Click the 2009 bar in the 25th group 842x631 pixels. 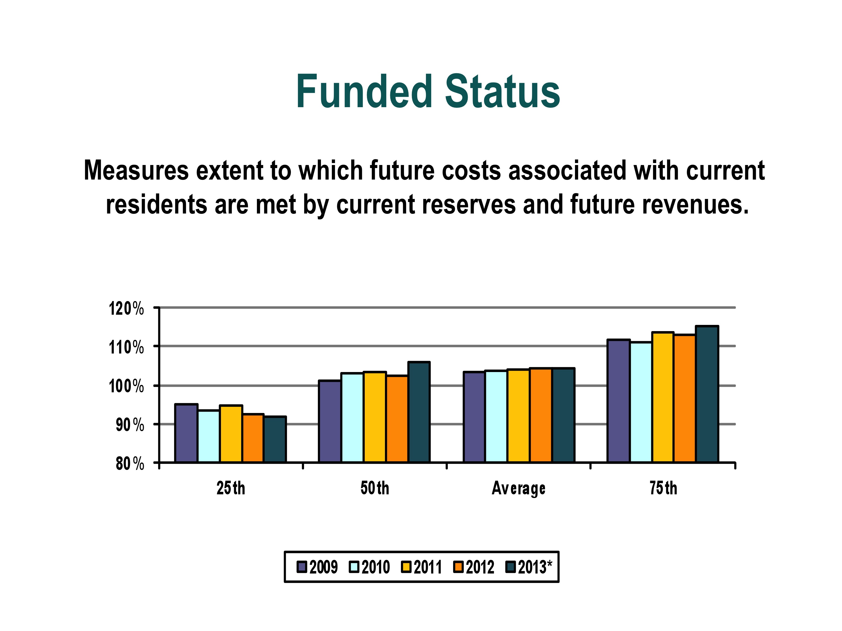pyautogui.click(x=186, y=433)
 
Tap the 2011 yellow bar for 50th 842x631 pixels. pyautogui.click(x=375, y=417)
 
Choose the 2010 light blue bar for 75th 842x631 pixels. pyautogui.click(x=641, y=402)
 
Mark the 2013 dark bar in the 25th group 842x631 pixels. pyautogui.click(x=275, y=440)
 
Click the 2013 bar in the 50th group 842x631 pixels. pyautogui.click(x=419, y=412)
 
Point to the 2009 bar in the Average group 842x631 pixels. pyautogui.click(x=474, y=417)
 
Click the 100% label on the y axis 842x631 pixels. pyautogui.click(x=126, y=386)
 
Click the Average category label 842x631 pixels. pyautogui.click(x=519, y=488)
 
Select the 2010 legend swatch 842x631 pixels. pyautogui.click(x=354, y=567)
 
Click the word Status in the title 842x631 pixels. pyautogui.click(x=503, y=91)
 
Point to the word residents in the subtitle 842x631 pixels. pyautogui.click(x=156, y=204)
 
